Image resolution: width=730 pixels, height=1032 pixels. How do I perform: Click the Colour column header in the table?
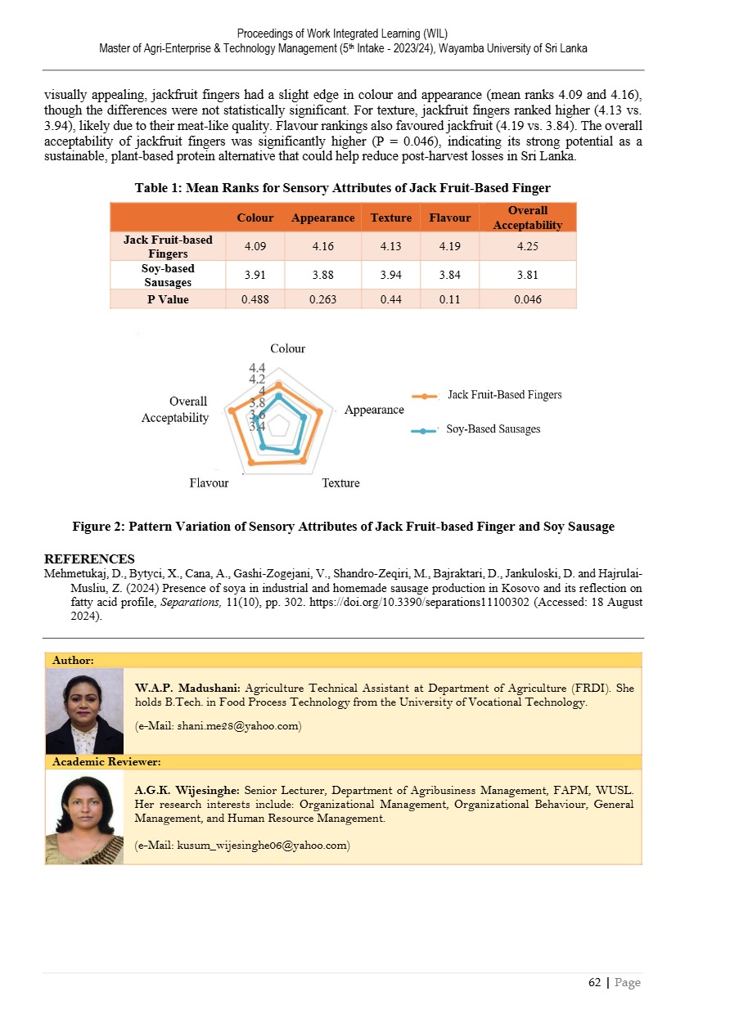click(x=255, y=218)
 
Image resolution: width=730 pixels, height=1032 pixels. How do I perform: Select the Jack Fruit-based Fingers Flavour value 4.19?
click(x=449, y=245)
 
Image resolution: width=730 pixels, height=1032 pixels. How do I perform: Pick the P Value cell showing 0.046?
click(x=528, y=299)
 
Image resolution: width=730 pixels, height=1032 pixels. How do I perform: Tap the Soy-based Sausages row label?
click(x=168, y=275)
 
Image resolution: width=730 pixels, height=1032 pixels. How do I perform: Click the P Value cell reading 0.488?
click(x=255, y=299)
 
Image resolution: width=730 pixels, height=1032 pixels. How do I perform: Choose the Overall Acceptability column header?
click(x=528, y=218)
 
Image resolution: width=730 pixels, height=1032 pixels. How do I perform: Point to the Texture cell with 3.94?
click(x=390, y=275)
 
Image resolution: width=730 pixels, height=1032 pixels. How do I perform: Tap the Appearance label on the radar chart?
click(x=374, y=410)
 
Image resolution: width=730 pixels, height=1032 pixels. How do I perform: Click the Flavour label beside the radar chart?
click(x=209, y=483)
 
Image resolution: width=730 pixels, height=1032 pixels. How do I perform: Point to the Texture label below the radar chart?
click(x=340, y=483)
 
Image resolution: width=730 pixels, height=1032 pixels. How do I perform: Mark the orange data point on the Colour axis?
click(x=279, y=384)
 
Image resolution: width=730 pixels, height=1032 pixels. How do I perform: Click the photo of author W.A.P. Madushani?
click(x=84, y=711)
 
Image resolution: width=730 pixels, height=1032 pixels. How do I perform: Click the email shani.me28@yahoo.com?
click(x=218, y=725)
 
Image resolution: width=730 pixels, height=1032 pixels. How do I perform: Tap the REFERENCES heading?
click(x=89, y=559)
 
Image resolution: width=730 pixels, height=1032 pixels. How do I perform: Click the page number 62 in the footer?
click(x=595, y=982)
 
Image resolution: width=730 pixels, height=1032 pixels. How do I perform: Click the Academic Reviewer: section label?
click(x=106, y=762)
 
